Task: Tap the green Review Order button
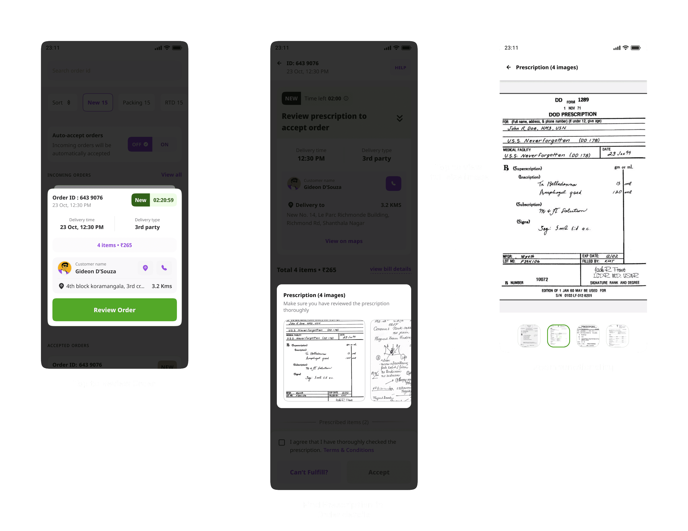[x=114, y=310]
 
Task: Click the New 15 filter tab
[x=98, y=102]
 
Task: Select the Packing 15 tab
[x=136, y=102]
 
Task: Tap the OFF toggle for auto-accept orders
[x=140, y=144]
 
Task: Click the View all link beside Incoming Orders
[x=171, y=175]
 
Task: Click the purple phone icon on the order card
[x=164, y=268]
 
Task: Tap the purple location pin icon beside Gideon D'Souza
[x=145, y=268]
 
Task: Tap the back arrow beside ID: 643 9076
[x=279, y=63]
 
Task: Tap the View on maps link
[x=344, y=241]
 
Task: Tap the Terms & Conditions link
[x=349, y=450]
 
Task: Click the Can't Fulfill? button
[x=309, y=472]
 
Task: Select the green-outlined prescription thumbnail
[x=558, y=336]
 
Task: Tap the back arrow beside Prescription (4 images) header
[x=508, y=67]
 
